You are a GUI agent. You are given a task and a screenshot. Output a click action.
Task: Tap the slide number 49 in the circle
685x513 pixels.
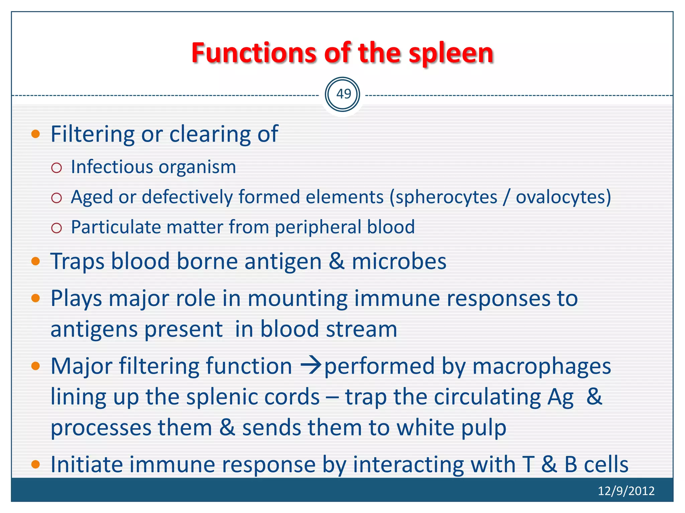coord(342,94)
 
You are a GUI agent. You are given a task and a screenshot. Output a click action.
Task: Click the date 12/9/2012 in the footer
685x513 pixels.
coord(626,491)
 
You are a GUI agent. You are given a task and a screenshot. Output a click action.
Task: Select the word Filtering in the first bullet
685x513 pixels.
coord(92,134)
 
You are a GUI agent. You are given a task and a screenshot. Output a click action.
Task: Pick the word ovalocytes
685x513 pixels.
coord(561,197)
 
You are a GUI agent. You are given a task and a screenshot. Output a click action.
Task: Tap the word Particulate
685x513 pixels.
coord(116,227)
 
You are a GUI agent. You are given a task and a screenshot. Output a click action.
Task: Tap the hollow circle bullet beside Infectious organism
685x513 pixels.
coord(57,168)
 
